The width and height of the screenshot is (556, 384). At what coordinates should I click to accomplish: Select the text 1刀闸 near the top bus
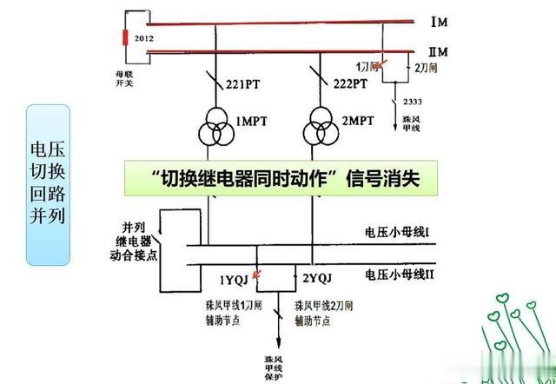pos(367,67)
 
